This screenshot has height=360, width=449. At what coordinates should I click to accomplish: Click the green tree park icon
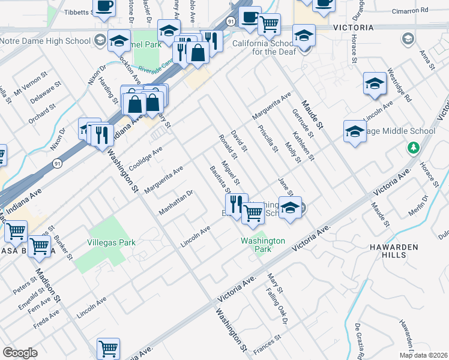click(x=412, y=148)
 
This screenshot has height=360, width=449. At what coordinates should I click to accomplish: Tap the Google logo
click(x=20, y=353)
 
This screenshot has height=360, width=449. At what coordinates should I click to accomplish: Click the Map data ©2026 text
click(x=423, y=355)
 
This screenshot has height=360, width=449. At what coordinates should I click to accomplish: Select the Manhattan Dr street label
click(x=175, y=203)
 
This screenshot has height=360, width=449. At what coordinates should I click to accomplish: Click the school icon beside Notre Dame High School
click(x=118, y=41)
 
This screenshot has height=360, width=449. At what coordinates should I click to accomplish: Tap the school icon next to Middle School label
click(x=355, y=133)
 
